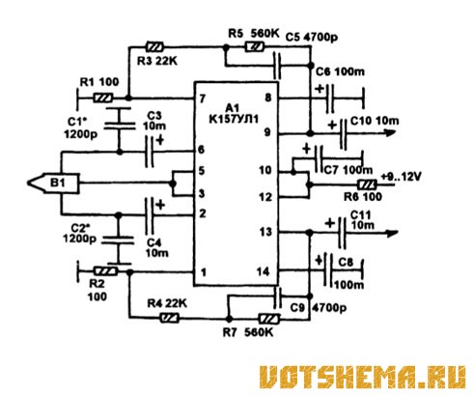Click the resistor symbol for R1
tap(103, 98)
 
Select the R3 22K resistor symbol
tap(154, 47)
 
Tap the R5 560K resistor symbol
tap(255, 47)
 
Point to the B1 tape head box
tap(53, 184)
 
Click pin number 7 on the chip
tap(202, 99)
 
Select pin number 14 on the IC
tap(264, 272)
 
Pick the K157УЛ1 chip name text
tap(234, 120)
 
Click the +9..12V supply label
tap(401, 177)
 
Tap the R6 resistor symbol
tap(367, 184)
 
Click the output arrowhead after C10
tap(390, 132)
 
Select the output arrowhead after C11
tap(392, 233)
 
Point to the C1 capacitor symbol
tap(120, 119)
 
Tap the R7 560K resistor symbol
tap(269, 319)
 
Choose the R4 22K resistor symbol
tap(169, 319)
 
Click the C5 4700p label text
tap(312, 38)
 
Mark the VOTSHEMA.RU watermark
tap(363, 377)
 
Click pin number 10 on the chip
tap(265, 170)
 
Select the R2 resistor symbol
tap(105, 271)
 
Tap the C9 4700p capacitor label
tap(319, 308)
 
